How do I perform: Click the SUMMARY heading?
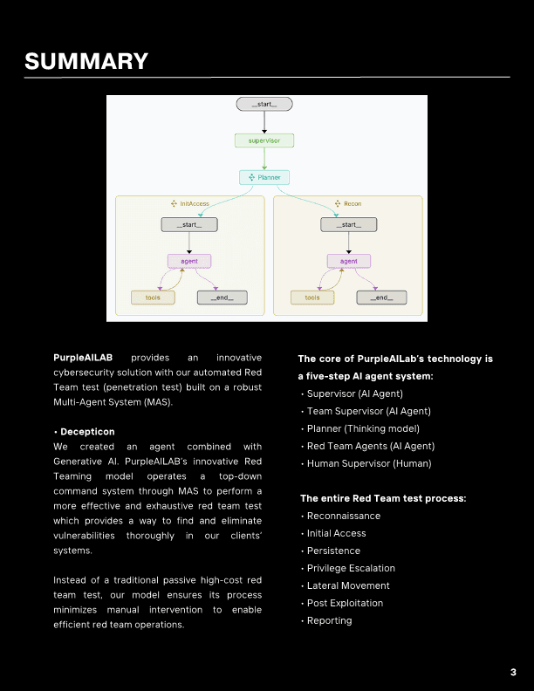(x=86, y=61)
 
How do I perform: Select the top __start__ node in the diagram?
(x=264, y=104)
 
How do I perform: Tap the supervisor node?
(x=264, y=140)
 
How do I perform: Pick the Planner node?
(x=264, y=177)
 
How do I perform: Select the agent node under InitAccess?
(x=189, y=261)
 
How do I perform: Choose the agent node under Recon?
(x=348, y=261)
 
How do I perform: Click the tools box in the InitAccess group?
(x=153, y=298)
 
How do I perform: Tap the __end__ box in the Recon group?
(x=380, y=298)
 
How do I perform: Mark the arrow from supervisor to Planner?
(x=264, y=159)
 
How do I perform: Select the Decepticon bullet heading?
(x=86, y=432)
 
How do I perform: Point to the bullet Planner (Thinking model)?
(x=363, y=428)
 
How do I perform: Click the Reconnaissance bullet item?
(x=344, y=516)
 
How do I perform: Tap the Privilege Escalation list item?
(x=351, y=568)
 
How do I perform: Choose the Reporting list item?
(x=329, y=620)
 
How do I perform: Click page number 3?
(x=513, y=672)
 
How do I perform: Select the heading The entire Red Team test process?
(x=383, y=498)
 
